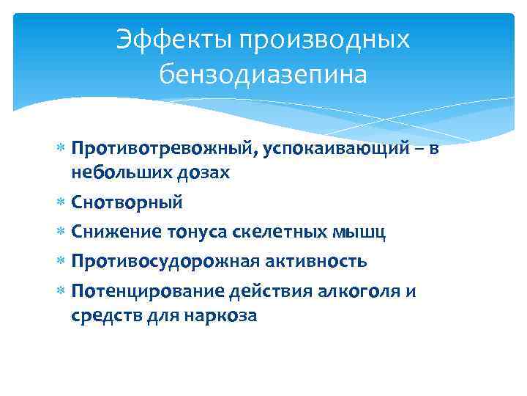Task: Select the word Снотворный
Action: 127,202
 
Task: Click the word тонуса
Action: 196,232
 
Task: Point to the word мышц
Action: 355,232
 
